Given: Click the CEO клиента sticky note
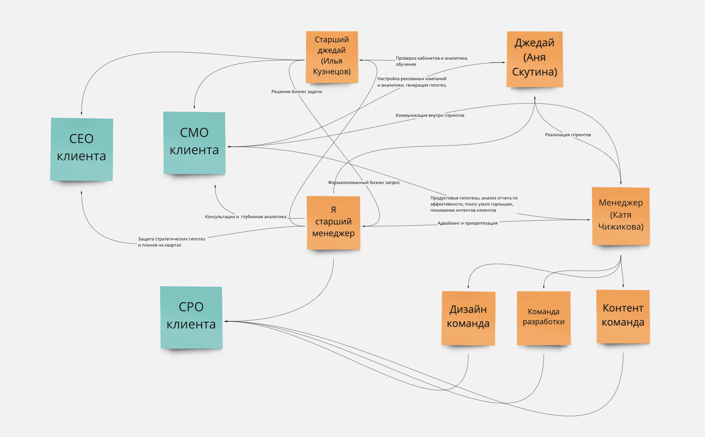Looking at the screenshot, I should (82, 149).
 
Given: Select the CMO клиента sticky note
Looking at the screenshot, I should (194, 143).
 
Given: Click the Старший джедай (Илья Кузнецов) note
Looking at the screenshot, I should (332, 57).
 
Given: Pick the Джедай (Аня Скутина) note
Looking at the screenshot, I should (535, 59).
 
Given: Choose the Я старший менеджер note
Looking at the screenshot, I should (333, 222).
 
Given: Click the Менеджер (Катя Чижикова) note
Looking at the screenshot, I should (621, 216).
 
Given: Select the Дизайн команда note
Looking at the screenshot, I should (468, 318).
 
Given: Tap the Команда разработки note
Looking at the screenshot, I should (543, 318).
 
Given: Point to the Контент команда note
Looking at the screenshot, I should (623, 316).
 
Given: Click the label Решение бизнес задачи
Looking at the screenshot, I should (296, 92).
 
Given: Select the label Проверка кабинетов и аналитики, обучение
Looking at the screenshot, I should (432, 61).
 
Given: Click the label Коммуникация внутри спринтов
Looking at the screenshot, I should (430, 115).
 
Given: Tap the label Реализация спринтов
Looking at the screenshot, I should (568, 135).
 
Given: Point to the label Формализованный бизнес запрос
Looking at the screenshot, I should (364, 183).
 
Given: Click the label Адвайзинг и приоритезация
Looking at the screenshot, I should (467, 223).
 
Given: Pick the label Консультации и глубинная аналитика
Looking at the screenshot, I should (245, 217).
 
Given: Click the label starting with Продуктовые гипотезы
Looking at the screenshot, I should (474, 204).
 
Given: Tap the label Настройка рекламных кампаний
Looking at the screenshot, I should (412, 82).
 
